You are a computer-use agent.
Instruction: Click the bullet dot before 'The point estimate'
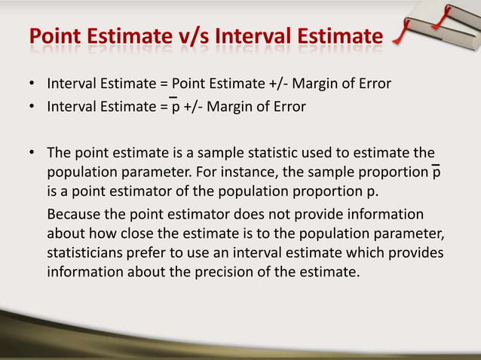point(33,153)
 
